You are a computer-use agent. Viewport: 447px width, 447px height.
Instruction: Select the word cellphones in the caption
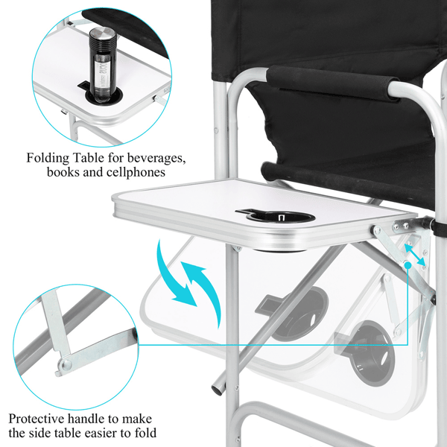(136, 172)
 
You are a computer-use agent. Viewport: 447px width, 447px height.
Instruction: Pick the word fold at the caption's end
(145, 432)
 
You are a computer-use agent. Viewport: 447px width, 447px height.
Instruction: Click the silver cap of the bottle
(103, 35)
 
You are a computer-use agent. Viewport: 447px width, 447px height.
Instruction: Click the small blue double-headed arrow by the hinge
(415, 254)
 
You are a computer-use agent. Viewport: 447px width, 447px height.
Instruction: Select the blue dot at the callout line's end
(408, 265)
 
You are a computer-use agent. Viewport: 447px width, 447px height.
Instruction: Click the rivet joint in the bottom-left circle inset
(66, 364)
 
